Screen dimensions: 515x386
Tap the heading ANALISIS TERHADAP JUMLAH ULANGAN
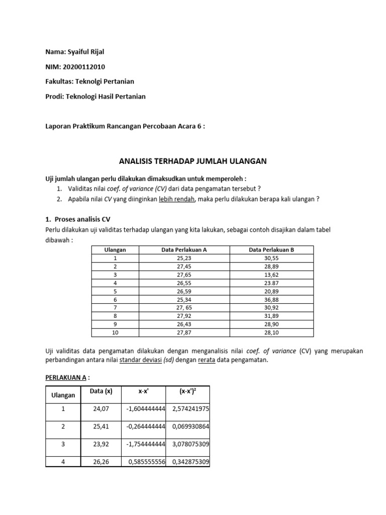click(192, 161)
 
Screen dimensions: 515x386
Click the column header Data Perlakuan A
click(184, 250)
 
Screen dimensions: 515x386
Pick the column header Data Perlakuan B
click(271, 250)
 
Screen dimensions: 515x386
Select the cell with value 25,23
click(184, 258)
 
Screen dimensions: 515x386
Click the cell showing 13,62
click(271, 276)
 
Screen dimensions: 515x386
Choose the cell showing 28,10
click(271, 332)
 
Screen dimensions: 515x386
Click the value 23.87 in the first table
click(271, 284)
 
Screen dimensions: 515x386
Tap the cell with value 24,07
click(101, 409)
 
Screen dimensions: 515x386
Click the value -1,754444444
click(148, 445)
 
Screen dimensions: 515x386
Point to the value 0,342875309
click(190, 462)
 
